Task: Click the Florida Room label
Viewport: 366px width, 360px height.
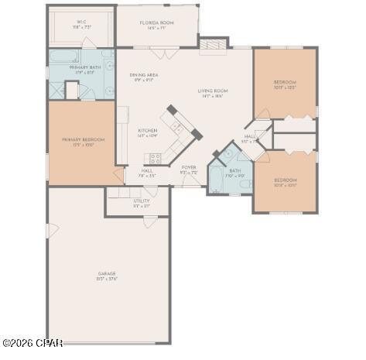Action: (156, 24)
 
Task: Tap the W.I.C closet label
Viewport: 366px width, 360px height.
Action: (81, 23)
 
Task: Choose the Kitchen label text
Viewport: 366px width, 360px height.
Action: (147, 132)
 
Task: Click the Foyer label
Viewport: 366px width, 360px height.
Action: (189, 168)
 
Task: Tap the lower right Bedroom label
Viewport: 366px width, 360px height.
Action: (285, 181)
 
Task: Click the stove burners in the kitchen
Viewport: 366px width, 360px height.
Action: (155, 158)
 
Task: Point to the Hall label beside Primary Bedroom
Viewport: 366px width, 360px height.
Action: (147, 172)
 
